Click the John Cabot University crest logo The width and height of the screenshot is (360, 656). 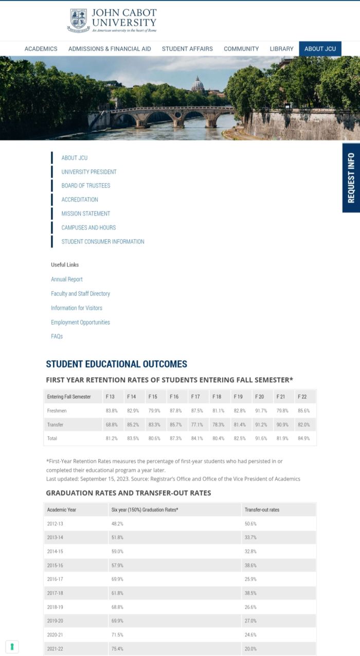point(78,20)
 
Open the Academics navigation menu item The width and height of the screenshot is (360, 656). point(41,49)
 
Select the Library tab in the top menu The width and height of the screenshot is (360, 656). point(281,49)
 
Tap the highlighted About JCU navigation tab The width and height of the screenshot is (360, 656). point(320,49)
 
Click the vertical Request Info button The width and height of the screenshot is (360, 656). point(351,178)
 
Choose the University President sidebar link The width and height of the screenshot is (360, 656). point(89,172)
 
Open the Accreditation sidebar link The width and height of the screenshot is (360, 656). point(80,200)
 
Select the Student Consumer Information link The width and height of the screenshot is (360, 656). point(103,241)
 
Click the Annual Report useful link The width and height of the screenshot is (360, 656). point(67,279)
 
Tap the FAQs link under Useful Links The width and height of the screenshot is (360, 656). point(57,336)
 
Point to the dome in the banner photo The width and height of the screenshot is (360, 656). point(197,84)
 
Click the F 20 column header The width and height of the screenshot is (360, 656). point(259,397)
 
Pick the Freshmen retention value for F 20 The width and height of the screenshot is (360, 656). point(261,411)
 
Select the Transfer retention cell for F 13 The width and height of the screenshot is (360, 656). point(112,425)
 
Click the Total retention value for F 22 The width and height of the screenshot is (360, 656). point(303,438)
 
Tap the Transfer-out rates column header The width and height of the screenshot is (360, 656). point(262,510)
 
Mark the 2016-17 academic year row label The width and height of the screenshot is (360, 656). point(55,579)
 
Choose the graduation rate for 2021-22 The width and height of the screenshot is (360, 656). point(117,649)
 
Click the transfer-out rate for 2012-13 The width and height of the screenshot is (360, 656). point(250,524)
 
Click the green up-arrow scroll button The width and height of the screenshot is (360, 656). point(12,647)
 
